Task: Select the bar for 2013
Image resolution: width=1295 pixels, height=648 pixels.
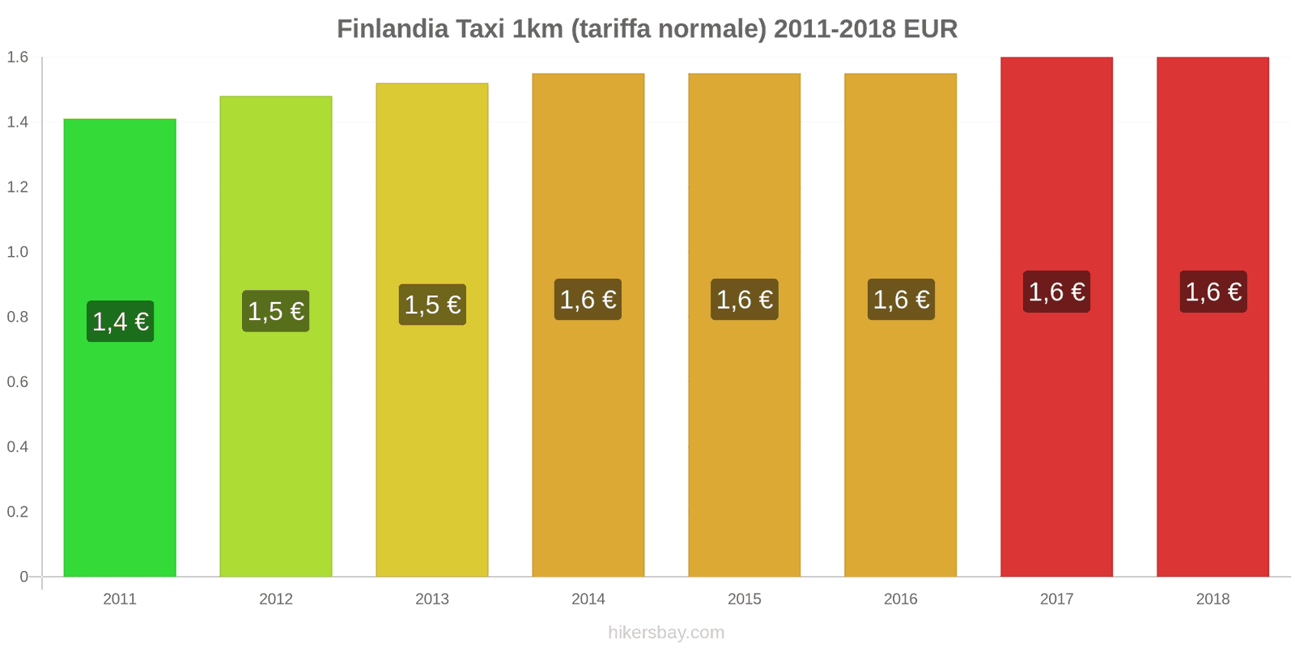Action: (x=432, y=446)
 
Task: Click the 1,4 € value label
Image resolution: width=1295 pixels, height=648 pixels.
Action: (x=121, y=322)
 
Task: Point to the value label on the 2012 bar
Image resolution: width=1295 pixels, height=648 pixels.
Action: (x=276, y=311)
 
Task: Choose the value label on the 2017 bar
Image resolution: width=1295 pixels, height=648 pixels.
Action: (x=1056, y=292)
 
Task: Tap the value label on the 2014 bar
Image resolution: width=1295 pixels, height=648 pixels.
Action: (x=588, y=300)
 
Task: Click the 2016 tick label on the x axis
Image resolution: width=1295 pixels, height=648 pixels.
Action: (x=900, y=599)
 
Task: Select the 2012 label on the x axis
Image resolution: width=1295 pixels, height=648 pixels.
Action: (x=276, y=599)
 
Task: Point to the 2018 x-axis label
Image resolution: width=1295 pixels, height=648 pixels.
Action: (x=1212, y=599)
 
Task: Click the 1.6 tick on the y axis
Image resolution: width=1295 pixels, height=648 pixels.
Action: (x=18, y=57)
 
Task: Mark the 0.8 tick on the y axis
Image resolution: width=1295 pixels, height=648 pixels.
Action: (x=18, y=317)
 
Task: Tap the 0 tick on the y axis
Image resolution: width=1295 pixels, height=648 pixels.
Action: (x=24, y=577)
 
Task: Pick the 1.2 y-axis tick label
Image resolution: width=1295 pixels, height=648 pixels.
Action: (x=18, y=187)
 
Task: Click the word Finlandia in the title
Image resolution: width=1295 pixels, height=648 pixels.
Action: (x=393, y=29)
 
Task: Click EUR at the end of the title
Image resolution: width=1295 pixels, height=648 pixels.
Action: (x=930, y=29)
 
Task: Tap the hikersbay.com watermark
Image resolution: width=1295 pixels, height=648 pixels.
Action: (x=666, y=633)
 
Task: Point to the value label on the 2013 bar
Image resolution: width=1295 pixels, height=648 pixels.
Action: (x=432, y=305)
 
